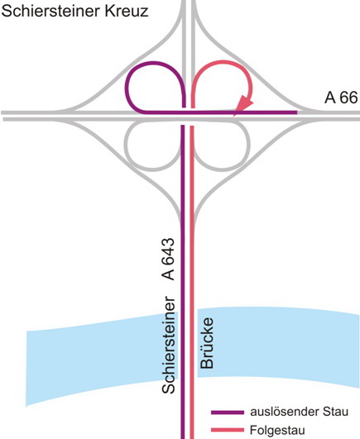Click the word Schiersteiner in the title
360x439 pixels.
click(x=50, y=12)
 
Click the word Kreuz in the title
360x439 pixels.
click(x=127, y=12)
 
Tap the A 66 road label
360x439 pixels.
click(x=341, y=98)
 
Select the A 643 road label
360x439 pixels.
click(x=169, y=259)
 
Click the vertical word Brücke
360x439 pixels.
click(x=207, y=343)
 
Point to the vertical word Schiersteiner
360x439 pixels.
click(x=169, y=345)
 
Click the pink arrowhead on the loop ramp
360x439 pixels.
click(x=243, y=106)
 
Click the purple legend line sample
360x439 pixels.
click(x=228, y=413)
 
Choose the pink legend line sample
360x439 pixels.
click(x=228, y=430)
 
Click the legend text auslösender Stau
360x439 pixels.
click(x=300, y=412)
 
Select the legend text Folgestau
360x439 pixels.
click(x=277, y=430)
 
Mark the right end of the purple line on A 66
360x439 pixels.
click(x=296, y=112)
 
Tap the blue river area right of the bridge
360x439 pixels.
click(x=279, y=345)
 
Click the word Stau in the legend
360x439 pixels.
click(x=335, y=412)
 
